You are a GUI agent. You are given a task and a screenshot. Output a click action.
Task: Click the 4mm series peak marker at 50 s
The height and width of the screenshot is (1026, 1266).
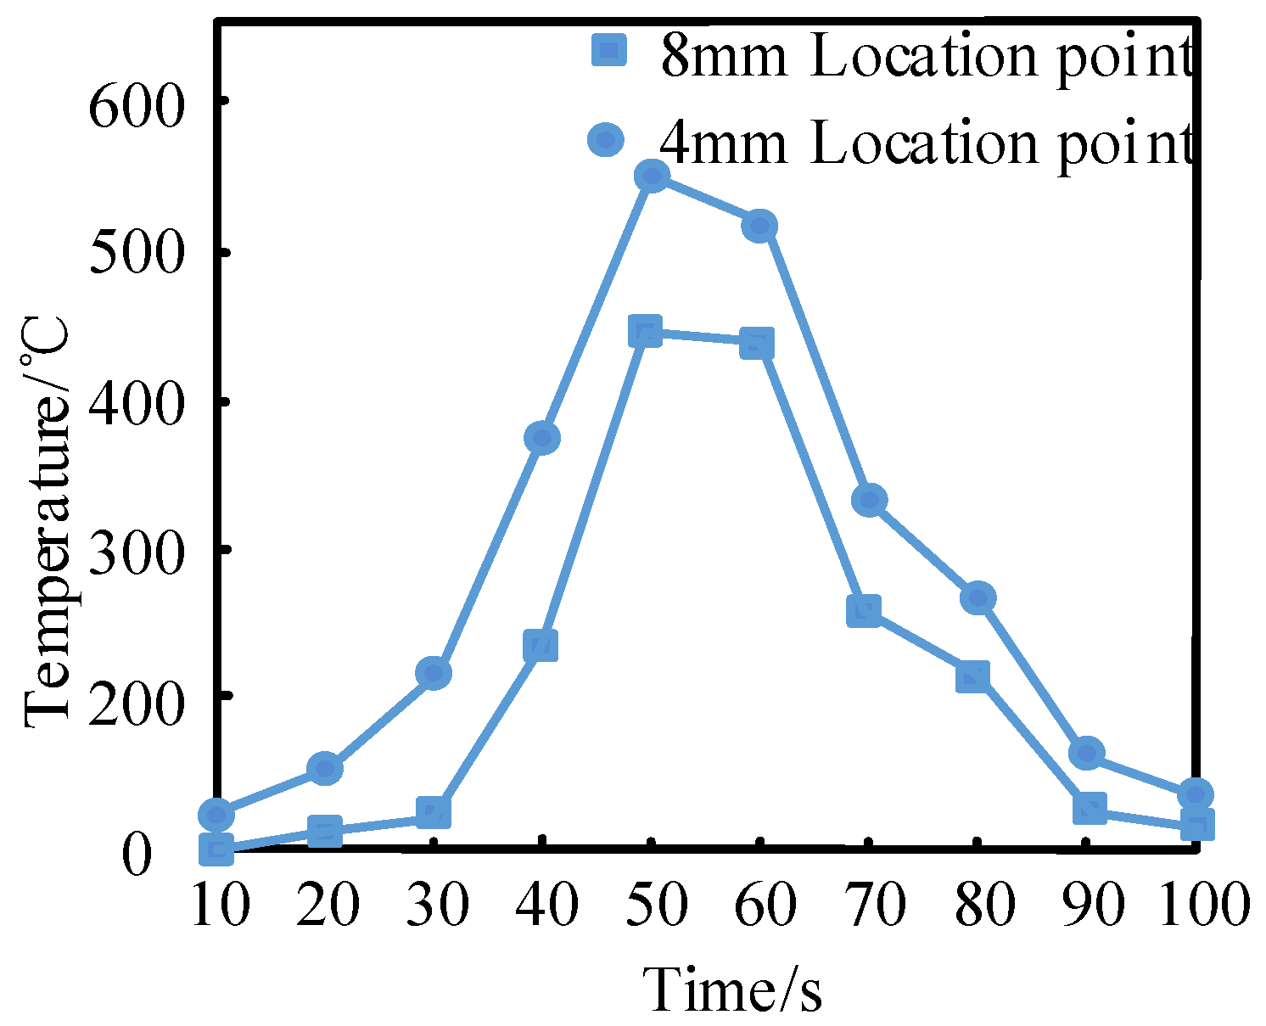click(652, 177)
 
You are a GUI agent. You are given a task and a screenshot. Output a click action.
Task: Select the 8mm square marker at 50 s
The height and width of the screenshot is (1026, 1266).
click(646, 331)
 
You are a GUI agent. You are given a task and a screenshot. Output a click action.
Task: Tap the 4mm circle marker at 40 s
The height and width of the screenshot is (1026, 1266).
click(542, 438)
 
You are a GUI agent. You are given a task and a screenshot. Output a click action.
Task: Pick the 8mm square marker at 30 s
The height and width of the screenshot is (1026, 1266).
click(433, 812)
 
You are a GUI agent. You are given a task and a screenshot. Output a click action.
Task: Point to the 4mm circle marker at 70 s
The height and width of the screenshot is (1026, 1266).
click(870, 500)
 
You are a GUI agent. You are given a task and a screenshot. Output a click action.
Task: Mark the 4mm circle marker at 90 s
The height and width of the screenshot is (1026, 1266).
click(1087, 752)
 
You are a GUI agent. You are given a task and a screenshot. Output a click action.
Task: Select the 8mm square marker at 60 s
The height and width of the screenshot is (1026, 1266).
click(757, 344)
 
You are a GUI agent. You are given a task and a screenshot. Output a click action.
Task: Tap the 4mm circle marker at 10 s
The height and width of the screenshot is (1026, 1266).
click(216, 815)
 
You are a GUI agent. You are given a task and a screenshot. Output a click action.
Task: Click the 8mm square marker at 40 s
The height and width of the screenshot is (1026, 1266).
click(541, 646)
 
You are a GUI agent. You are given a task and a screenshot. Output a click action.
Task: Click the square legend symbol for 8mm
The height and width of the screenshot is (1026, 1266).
click(608, 51)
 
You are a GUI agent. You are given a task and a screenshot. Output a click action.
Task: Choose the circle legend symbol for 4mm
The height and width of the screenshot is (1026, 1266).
click(606, 139)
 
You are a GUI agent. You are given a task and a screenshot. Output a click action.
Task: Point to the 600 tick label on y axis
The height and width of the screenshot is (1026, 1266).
click(137, 108)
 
